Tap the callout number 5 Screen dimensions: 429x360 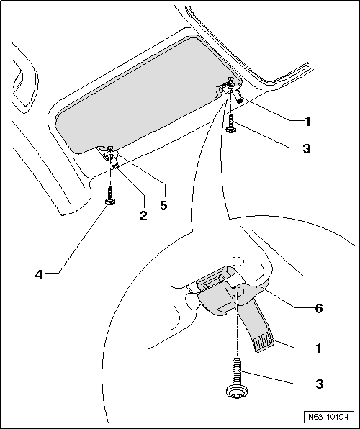point(163,206)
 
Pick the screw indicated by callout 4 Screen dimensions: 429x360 point(109,196)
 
